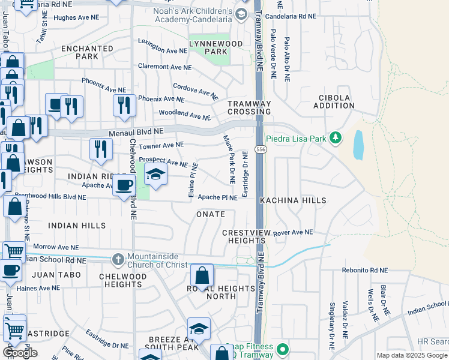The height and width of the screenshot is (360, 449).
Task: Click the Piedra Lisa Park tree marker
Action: click(336, 139)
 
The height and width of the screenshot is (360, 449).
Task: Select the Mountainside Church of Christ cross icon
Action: click(118, 259)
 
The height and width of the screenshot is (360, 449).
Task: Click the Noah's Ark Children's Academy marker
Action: click(241, 14)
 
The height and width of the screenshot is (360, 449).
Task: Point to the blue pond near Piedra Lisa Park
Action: click(358, 145)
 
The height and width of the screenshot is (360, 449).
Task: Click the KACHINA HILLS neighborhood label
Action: click(293, 200)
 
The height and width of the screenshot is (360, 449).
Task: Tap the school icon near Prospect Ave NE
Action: click(155, 175)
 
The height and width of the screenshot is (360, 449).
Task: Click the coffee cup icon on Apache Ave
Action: click(124, 185)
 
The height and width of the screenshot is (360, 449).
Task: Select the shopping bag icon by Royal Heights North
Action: click(202, 276)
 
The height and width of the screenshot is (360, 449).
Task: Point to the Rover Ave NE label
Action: click(293, 232)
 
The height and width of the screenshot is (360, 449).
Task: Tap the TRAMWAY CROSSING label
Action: click(249, 107)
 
